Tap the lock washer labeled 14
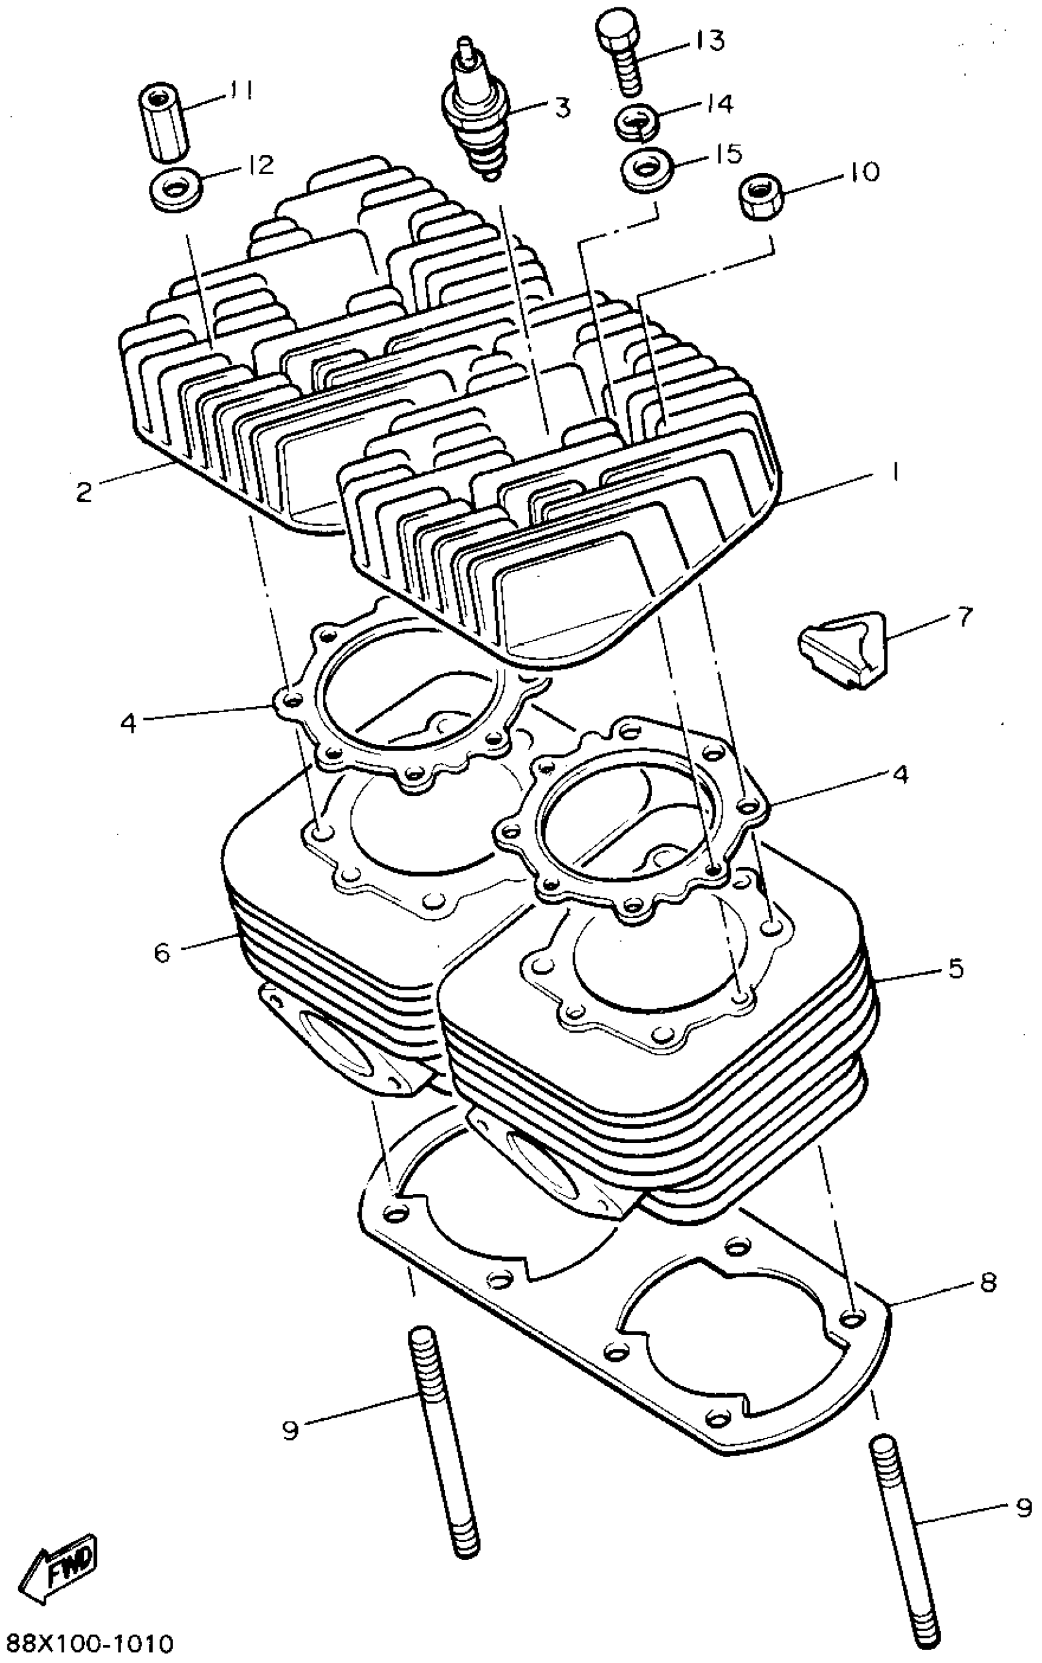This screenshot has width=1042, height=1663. tap(636, 121)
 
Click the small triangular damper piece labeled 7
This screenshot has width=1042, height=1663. tap(843, 648)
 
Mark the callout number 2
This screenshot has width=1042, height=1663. tap(84, 492)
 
